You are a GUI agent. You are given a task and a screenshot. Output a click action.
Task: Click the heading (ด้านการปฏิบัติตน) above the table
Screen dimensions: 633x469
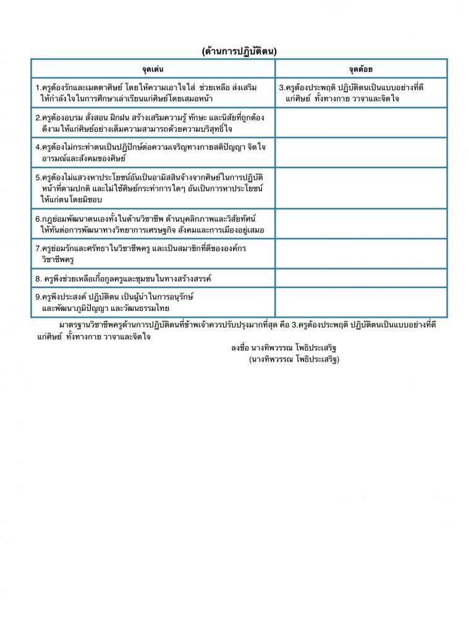coord(239,51)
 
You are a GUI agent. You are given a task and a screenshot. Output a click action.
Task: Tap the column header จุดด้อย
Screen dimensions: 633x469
coord(361,69)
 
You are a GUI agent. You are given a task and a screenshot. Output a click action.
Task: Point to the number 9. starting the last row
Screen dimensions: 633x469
coord(38,297)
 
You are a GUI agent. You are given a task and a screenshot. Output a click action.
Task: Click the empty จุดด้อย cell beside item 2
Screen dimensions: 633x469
coord(361,122)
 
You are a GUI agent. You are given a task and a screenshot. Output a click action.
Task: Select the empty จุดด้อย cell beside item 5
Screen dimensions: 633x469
coord(361,188)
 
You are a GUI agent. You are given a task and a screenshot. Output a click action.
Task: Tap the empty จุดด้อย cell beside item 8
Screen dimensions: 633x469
coord(361,278)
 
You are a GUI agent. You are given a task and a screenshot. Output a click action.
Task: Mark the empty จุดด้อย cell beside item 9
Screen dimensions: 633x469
coord(361,302)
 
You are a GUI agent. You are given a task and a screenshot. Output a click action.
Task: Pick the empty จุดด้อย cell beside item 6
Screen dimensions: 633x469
coord(361,224)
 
